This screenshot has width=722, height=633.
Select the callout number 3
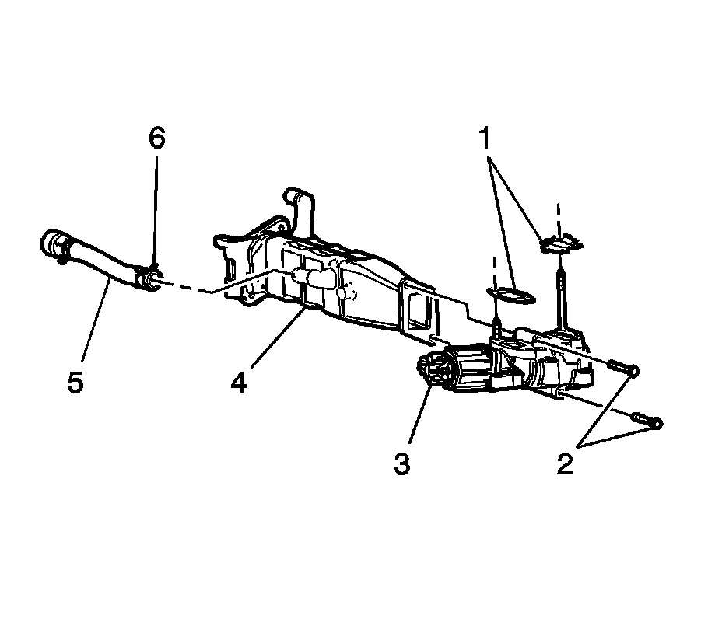(401, 464)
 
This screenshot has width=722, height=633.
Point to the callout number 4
(239, 381)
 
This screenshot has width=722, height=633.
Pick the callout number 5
(75, 383)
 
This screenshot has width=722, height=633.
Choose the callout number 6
(157, 138)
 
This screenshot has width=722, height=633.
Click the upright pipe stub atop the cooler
(299, 206)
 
